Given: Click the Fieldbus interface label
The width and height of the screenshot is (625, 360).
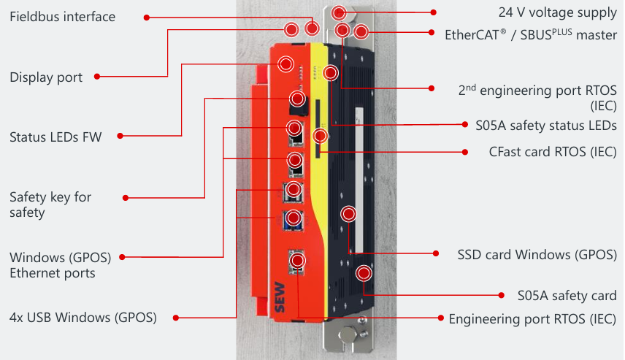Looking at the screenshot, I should click(x=62, y=16).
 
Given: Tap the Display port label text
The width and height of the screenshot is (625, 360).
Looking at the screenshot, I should click(x=46, y=77).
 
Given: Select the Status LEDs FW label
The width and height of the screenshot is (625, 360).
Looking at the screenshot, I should click(x=55, y=137).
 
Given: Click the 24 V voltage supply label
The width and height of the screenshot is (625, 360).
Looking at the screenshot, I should click(x=558, y=12).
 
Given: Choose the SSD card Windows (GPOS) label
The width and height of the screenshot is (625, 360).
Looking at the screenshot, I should click(x=537, y=255).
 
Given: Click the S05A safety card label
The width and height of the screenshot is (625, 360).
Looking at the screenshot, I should click(x=567, y=296).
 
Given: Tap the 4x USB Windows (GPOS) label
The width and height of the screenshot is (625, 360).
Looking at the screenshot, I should click(x=83, y=317).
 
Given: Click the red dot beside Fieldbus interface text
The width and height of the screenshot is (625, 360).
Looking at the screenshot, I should click(x=147, y=17).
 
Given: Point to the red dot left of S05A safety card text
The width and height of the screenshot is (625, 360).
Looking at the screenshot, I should click(x=501, y=296).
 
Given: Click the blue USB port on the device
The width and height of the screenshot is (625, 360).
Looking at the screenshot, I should click(x=294, y=218).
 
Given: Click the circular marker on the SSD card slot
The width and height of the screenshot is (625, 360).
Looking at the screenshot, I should click(x=349, y=214).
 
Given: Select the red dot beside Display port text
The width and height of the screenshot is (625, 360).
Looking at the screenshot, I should click(x=98, y=77).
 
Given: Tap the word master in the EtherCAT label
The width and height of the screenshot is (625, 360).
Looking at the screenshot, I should click(x=596, y=34).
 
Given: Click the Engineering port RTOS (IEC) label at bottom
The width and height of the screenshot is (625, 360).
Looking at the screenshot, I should click(x=532, y=319).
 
